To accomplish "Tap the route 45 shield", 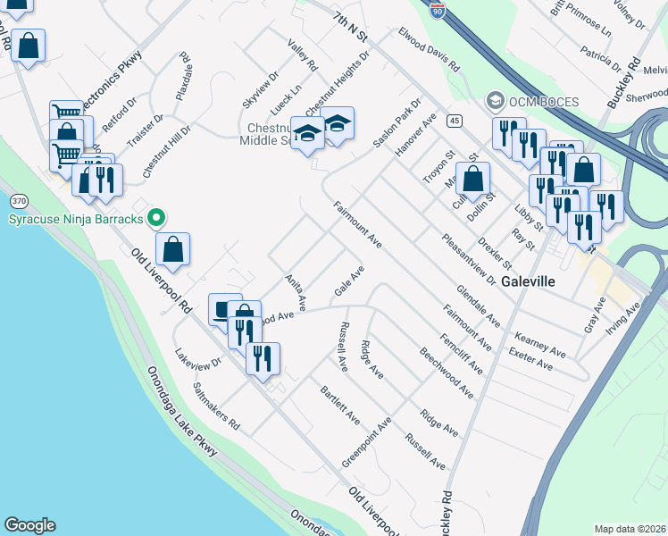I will click(x=455, y=121).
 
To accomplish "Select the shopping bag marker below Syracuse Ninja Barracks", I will click(x=173, y=249).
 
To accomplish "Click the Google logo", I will click(x=29, y=525).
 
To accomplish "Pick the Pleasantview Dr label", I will click(x=468, y=259).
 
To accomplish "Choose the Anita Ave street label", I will click(x=296, y=290).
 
